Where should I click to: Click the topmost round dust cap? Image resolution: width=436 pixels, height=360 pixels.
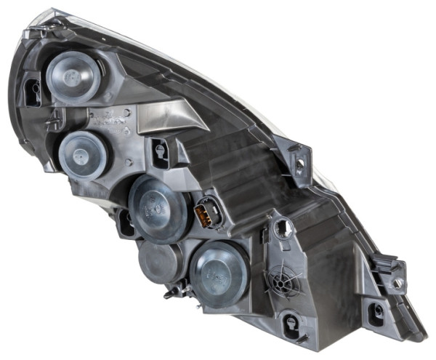tap(73, 76)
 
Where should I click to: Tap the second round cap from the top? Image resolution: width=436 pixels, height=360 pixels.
tap(83, 154)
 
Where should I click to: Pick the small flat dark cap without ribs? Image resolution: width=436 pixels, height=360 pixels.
tap(160, 261)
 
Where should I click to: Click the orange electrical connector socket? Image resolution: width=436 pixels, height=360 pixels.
tap(206, 214)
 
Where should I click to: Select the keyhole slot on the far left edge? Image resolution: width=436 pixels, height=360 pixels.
tap(33, 92)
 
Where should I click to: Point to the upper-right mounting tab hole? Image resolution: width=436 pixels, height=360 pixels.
tap(299, 164)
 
